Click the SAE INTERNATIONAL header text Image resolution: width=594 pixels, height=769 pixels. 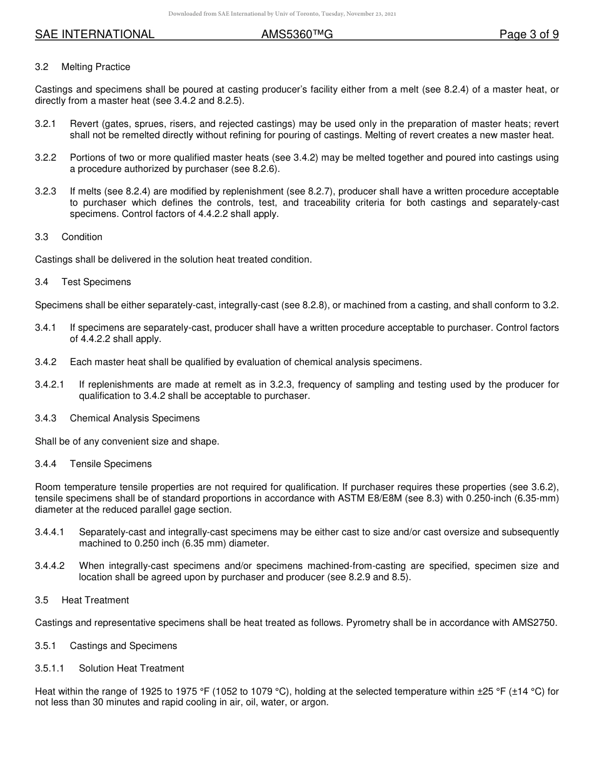94,35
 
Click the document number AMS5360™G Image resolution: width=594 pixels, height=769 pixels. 297,35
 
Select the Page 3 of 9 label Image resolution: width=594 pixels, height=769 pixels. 529,35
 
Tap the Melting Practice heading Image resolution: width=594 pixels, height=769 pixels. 96,67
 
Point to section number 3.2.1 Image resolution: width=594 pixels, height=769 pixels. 46,124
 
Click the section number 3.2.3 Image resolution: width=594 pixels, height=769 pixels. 46,191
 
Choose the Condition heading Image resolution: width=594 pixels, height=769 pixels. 82,237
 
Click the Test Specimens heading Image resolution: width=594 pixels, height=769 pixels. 96,282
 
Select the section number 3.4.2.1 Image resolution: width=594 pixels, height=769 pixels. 49,384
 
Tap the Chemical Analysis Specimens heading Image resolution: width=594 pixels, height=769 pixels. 134,418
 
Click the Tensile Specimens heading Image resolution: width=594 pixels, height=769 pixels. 111,464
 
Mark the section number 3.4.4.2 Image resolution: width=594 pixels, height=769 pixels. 49,566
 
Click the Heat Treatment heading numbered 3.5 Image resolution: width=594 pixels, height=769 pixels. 95,600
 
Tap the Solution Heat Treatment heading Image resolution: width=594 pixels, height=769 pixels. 131,668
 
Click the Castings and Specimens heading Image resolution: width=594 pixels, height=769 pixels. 123,646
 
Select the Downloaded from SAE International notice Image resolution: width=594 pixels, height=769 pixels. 282,13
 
